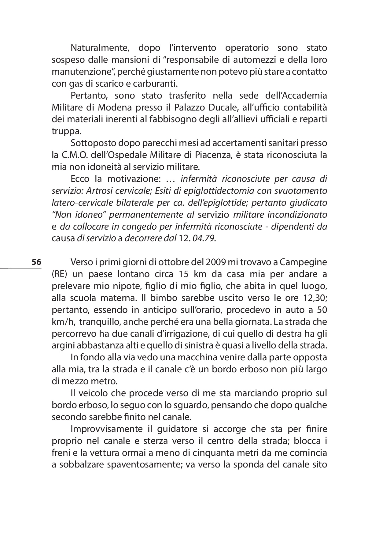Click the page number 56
click(36, 262)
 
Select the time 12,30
click(314, 298)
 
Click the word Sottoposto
click(94, 143)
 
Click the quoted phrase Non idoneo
click(79, 215)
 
